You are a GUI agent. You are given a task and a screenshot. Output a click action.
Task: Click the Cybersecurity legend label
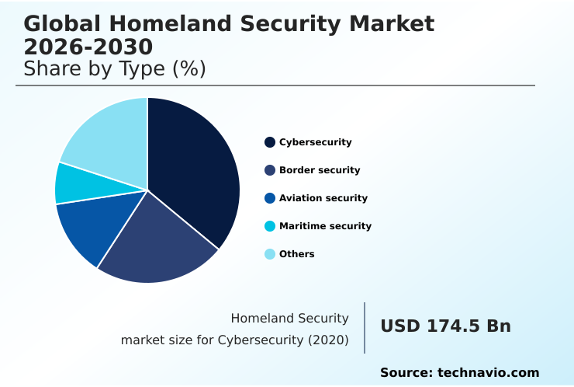315,142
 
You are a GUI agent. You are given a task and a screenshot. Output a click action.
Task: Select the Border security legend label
320,170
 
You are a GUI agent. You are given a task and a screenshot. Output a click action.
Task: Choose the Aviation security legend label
323,198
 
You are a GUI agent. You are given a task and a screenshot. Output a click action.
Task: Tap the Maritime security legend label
325,226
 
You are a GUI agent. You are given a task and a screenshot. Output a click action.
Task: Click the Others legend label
296,254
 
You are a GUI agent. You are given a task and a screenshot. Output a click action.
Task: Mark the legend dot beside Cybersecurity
270,142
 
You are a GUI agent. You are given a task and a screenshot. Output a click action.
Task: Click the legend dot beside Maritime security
270,226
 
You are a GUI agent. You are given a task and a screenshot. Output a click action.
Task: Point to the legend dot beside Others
270,254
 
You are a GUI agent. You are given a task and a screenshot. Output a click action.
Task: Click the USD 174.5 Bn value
445,326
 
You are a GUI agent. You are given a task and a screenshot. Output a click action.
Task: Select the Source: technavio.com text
459,373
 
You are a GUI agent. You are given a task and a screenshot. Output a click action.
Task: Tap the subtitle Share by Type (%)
115,69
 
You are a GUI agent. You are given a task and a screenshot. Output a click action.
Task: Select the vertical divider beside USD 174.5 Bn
365,328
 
